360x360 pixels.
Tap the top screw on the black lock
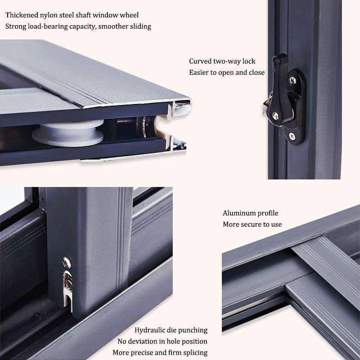coord(292,80)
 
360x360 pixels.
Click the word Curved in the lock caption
coord(200,61)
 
